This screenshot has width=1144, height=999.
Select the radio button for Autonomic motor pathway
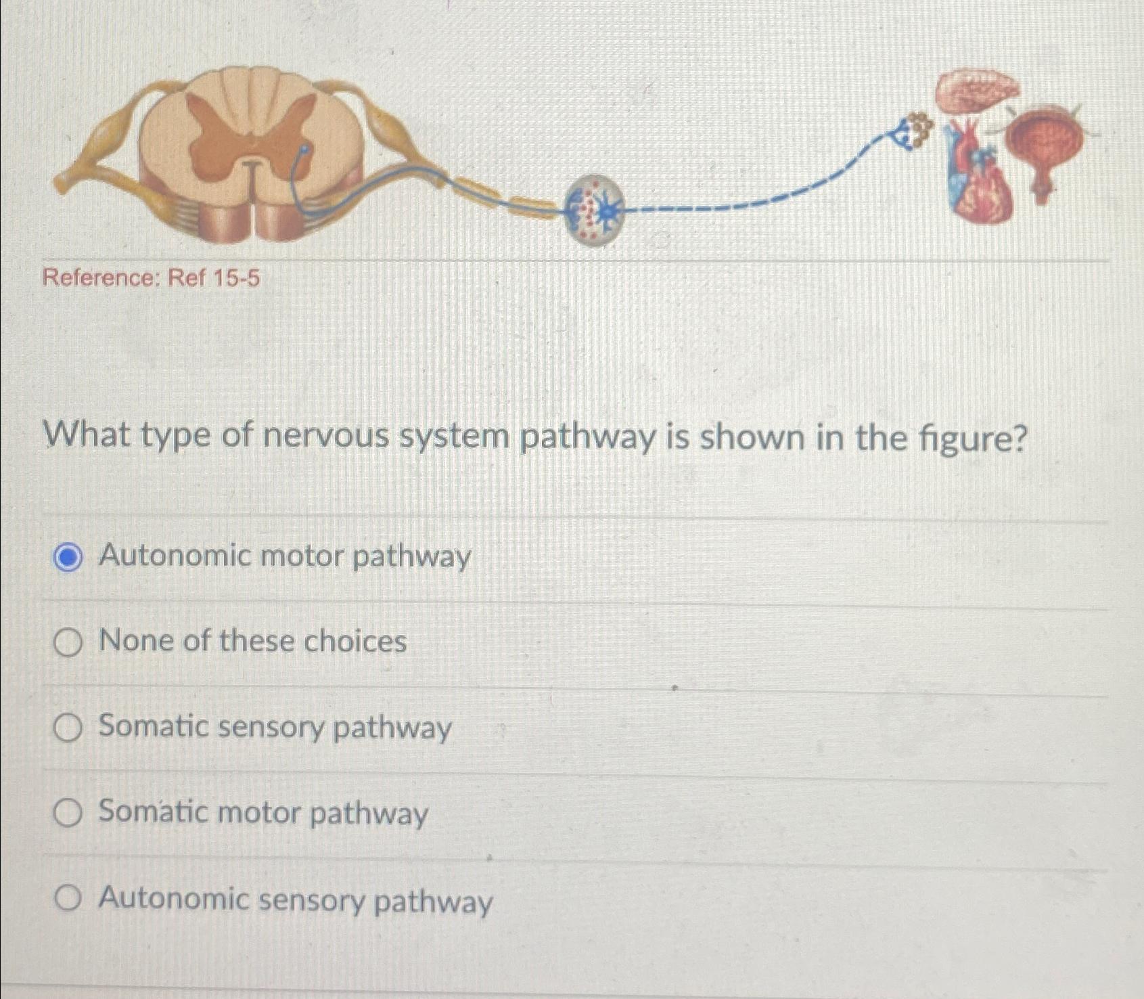click(x=68, y=558)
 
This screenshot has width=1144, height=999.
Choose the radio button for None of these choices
click(x=68, y=642)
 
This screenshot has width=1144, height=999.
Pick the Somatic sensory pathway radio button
click(x=68, y=728)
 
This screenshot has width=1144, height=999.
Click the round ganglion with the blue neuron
click(x=595, y=210)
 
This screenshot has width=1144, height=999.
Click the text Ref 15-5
click(x=214, y=277)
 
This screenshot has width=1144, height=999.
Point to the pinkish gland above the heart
click(x=978, y=91)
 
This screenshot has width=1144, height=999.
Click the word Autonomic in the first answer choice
click(x=175, y=556)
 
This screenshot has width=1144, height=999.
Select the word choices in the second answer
click(x=354, y=642)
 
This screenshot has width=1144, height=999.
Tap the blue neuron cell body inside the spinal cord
click(x=304, y=150)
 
